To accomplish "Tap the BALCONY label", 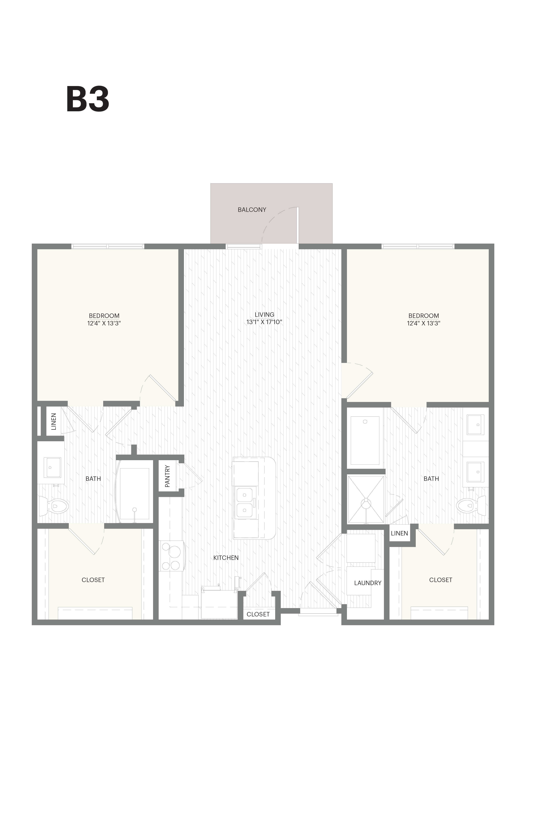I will click(x=252, y=210).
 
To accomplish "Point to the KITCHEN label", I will click(x=226, y=558).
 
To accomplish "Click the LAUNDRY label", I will click(x=367, y=583).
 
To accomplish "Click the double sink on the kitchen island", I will click(x=245, y=503).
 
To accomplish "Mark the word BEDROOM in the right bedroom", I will click(x=423, y=316).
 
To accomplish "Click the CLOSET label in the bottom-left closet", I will click(x=93, y=580).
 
